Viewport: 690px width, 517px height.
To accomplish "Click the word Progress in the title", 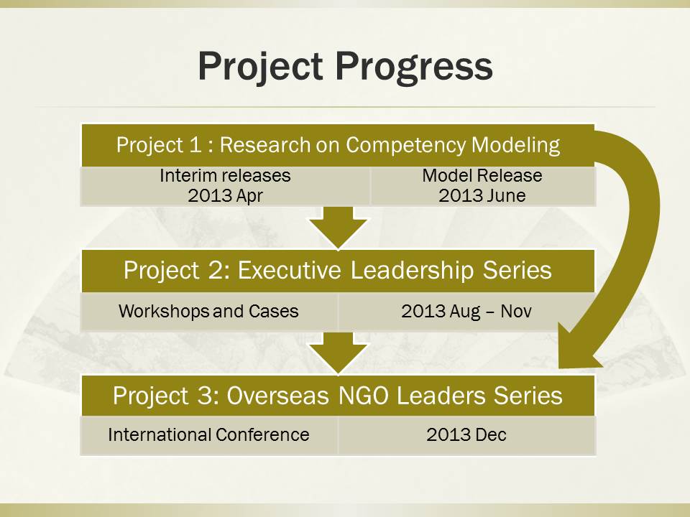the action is click(414, 67).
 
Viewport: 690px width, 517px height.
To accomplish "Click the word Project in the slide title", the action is click(261, 67).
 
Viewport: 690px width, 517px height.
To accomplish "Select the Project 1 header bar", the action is click(338, 146).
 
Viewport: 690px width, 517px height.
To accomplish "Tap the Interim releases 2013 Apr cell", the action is click(225, 186).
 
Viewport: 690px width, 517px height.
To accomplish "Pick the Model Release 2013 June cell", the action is click(483, 186).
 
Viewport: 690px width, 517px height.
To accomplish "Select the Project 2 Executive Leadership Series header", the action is click(338, 271).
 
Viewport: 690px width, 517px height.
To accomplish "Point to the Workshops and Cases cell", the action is click(209, 311).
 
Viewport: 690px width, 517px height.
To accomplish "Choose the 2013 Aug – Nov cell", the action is click(466, 311).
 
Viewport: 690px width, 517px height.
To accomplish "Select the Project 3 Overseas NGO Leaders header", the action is click(338, 395).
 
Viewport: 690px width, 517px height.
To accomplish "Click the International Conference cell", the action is click(209, 435).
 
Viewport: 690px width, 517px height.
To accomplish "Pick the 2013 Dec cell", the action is click(466, 435).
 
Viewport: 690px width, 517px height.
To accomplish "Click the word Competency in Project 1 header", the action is click(405, 146).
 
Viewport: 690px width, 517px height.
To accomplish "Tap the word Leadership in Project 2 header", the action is click(412, 271).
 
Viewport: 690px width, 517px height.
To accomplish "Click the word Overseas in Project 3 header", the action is click(277, 396).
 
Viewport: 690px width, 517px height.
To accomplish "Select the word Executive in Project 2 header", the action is click(289, 271).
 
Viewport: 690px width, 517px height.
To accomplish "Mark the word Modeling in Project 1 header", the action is click(516, 146).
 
